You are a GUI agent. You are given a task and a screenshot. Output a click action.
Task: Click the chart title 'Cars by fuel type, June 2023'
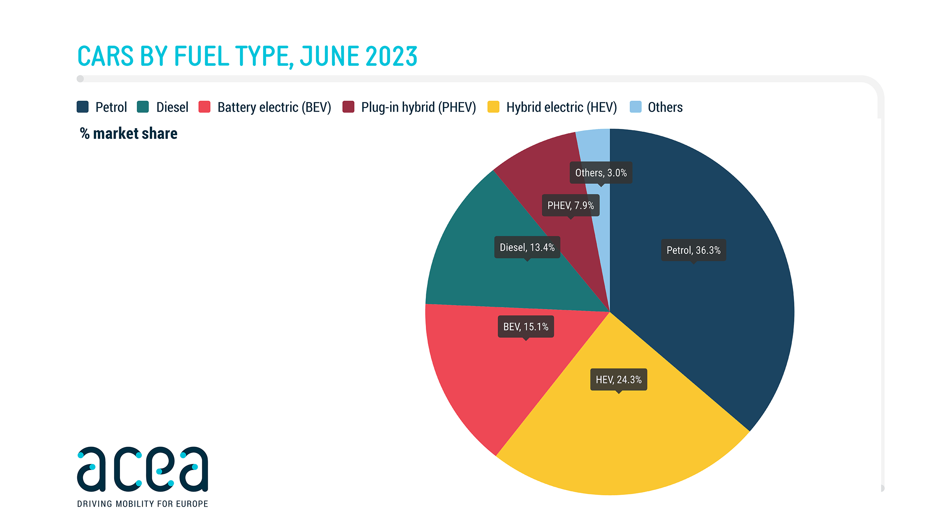[x=247, y=56]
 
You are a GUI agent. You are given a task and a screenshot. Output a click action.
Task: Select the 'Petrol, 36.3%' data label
[x=693, y=250]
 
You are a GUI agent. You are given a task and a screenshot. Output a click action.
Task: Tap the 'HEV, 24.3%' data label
[x=618, y=379]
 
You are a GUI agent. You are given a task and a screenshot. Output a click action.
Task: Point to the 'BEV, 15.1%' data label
[x=525, y=326]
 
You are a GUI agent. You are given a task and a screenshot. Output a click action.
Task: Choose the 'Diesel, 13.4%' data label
[x=527, y=247]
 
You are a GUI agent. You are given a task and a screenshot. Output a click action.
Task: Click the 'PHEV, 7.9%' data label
[x=570, y=205]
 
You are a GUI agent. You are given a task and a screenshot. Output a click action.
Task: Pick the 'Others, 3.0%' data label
[x=601, y=173]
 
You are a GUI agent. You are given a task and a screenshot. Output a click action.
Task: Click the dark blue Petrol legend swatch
[x=82, y=107]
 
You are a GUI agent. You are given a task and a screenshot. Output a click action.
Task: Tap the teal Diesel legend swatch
[x=143, y=107]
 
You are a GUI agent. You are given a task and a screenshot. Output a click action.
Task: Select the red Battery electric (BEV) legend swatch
[x=204, y=107]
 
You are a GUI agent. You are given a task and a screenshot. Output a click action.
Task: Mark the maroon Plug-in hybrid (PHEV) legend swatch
[x=348, y=107]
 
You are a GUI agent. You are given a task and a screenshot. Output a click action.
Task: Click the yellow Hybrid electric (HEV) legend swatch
[x=493, y=107]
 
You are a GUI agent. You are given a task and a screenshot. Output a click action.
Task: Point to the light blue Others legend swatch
[x=635, y=107]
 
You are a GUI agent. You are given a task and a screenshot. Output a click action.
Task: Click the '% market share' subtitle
[x=129, y=134]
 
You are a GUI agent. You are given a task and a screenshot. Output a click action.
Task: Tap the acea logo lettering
[x=142, y=469]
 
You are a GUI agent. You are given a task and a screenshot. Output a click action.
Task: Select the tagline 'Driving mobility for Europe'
[x=142, y=504]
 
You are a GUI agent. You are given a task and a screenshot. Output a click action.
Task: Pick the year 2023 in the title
[x=391, y=56]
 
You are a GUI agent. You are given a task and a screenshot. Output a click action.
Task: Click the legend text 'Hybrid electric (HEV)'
[x=561, y=107]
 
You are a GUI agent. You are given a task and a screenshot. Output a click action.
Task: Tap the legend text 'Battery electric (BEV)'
[x=274, y=107]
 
